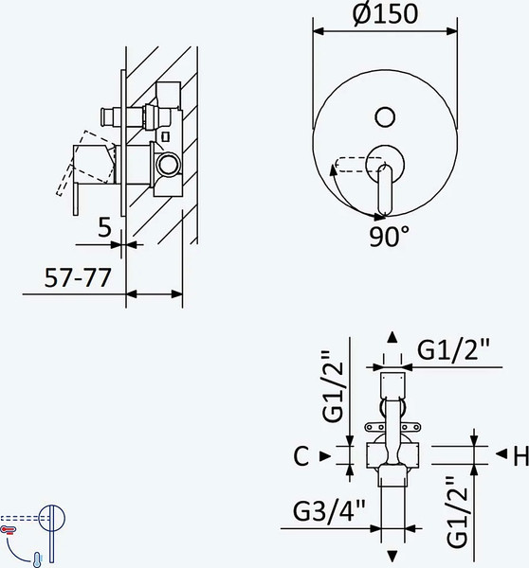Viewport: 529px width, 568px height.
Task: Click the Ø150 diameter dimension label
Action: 385,14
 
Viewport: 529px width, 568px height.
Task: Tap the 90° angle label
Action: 389,237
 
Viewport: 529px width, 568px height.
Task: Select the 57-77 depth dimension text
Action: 78,278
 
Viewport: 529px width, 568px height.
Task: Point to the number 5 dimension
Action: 105,227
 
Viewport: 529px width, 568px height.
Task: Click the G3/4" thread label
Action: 329,511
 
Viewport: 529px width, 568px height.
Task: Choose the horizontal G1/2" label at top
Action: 453,349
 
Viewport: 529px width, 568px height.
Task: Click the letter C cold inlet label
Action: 301,456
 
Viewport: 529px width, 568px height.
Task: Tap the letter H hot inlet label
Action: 521,456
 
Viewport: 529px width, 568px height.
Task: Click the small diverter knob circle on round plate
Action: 385,117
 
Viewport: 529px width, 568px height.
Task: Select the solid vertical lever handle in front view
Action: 385,190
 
